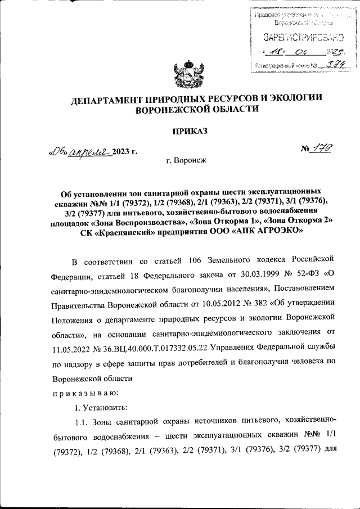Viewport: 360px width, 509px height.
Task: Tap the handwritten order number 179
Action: click(323, 149)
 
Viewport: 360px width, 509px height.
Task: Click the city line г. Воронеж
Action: click(187, 160)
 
